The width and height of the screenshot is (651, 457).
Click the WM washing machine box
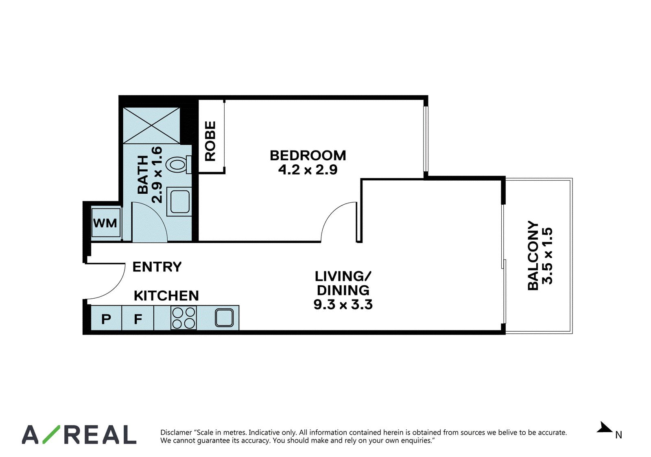(106, 223)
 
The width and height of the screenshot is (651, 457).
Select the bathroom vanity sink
(180, 201)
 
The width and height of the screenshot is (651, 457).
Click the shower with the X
(151, 126)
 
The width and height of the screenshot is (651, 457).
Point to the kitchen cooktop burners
(184, 318)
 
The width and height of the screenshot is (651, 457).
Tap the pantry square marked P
(106, 318)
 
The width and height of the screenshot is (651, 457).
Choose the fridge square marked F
(138, 318)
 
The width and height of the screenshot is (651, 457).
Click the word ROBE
(210, 141)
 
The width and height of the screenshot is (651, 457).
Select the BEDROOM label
(308, 155)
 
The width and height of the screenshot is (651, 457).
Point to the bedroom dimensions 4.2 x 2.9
(308, 170)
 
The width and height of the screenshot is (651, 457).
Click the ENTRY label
(157, 267)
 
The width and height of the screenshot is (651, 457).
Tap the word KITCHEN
(166, 296)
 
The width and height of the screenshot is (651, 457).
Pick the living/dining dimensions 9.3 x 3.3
(343, 304)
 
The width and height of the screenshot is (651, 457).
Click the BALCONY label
(533, 256)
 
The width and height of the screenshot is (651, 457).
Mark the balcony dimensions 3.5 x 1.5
(547, 256)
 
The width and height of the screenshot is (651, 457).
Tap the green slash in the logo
(51, 434)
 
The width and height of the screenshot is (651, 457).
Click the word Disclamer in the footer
(176, 432)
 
